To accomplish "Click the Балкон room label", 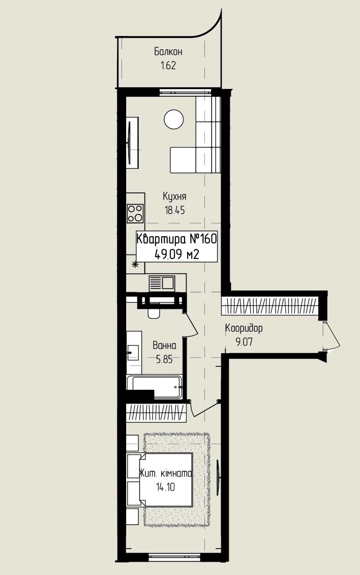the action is [x=168, y=52].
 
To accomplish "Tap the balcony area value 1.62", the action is [x=168, y=66].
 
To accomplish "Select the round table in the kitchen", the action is [x=173, y=119].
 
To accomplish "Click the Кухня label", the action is [x=174, y=196].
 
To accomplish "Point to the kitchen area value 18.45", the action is [x=174, y=211].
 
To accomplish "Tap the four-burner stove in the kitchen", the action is [x=135, y=213].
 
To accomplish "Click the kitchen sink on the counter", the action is [x=162, y=283].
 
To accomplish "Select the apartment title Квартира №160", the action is [x=177, y=239].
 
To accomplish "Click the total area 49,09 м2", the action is [x=177, y=254].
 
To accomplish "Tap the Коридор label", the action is [x=244, y=328].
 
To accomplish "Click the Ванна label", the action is [x=164, y=346].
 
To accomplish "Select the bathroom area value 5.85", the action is [x=164, y=359].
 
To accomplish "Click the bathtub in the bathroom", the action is [x=155, y=387].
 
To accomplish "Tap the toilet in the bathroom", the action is [x=153, y=312].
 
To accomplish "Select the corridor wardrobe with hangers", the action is [x=269, y=305].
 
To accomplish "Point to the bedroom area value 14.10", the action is [x=165, y=487].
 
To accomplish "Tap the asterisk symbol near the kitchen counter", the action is [x=135, y=264].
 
